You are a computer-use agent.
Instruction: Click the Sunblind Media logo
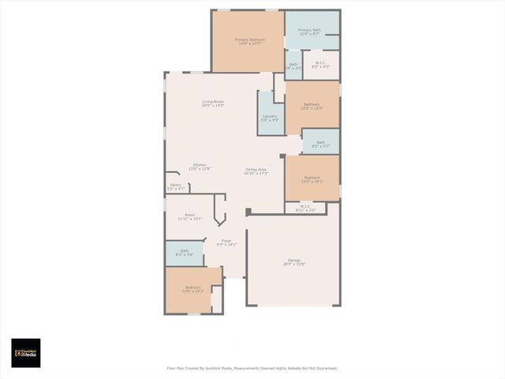coord(25,353)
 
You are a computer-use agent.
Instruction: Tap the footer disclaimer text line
coord(252,368)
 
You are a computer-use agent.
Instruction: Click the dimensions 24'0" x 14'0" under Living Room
coord(213,105)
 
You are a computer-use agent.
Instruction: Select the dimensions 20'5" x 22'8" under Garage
coord(294,265)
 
